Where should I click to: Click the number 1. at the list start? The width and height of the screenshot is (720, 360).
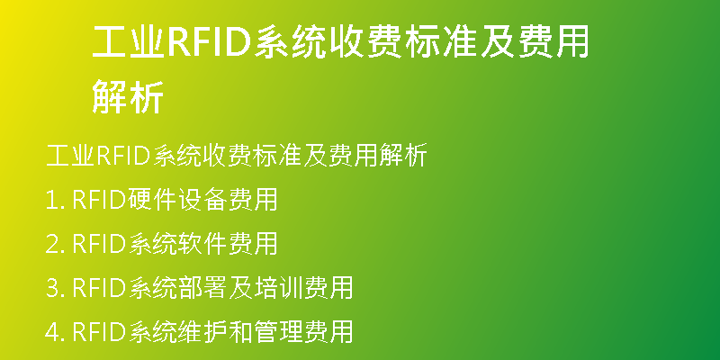coord(56,200)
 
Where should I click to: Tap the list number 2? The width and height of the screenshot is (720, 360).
coord(56,244)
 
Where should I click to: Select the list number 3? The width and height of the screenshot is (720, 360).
coord(56,287)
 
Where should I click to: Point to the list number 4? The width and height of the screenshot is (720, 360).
coord(56,331)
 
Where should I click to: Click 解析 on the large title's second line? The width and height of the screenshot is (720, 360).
coord(128,96)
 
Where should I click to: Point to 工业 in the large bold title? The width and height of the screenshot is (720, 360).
coord(129,42)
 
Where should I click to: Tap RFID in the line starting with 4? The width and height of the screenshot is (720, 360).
coord(99,331)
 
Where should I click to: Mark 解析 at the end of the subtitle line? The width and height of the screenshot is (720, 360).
coord(402,156)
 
